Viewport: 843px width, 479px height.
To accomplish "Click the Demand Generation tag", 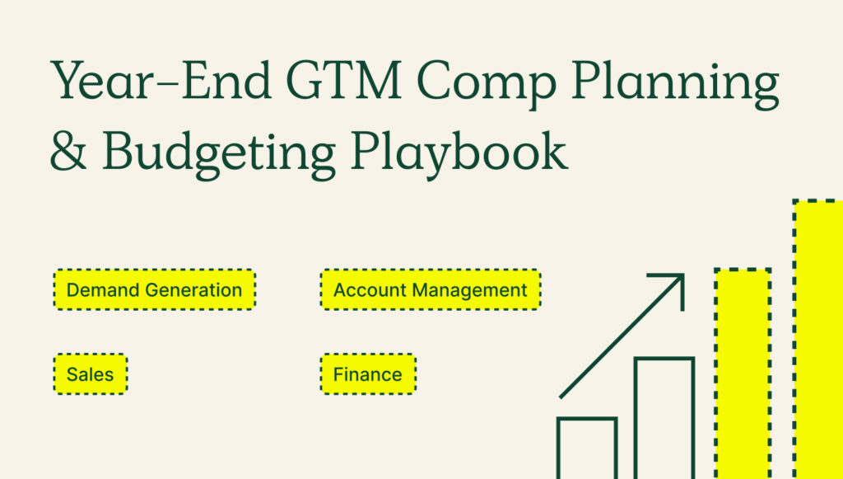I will (x=154, y=290).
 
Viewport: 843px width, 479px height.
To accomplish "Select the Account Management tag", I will (x=430, y=290).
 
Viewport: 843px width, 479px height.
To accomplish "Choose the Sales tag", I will (x=91, y=374).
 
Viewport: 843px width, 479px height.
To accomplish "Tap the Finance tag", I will (x=367, y=374).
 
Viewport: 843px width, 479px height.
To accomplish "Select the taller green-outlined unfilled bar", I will (x=664, y=417).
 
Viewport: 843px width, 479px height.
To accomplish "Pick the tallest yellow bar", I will (x=818, y=338).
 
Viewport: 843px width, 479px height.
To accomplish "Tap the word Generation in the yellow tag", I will (x=193, y=290).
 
